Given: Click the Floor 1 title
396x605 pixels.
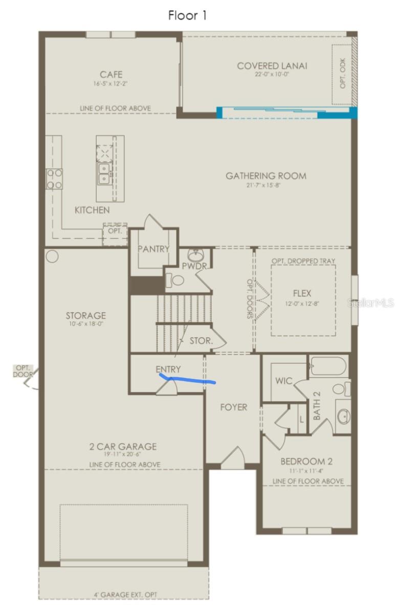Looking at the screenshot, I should [x=187, y=16].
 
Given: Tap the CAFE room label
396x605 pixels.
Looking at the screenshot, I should [x=111, y=75].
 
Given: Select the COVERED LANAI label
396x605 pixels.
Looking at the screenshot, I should [x=272, y=66].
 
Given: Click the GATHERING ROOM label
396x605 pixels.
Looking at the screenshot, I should [x=266, y=176].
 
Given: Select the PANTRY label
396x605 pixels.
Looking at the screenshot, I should [x=153, y=249].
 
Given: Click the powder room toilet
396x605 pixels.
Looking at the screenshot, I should [x=175, y=280].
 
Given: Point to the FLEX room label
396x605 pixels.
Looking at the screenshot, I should [x=302, y=294].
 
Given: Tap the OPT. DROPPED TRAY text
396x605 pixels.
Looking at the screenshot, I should [x=303, y=261].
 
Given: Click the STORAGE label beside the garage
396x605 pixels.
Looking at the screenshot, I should [x=85, y=315].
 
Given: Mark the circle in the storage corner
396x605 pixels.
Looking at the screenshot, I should [x=52, y=255].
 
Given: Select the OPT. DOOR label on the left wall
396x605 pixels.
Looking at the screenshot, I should [x=23, y=371].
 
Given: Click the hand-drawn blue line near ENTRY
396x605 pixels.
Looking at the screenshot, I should [x=187, y=379].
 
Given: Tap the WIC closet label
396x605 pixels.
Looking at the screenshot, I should [x=283, y=381].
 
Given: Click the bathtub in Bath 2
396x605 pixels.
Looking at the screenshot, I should [x=328, y=366].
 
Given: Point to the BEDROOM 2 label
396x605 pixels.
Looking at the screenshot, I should [x=306, y=461].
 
